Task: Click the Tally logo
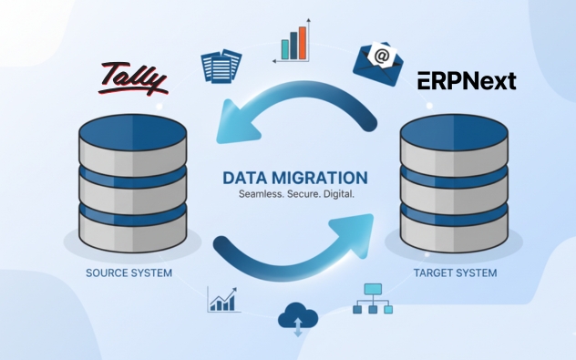[133, 78]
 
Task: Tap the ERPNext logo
[467, 81]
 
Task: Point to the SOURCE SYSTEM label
[129, 273]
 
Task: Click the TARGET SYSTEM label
[455, 273]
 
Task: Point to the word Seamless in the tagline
[260, 195]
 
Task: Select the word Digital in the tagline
[336, 195]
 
